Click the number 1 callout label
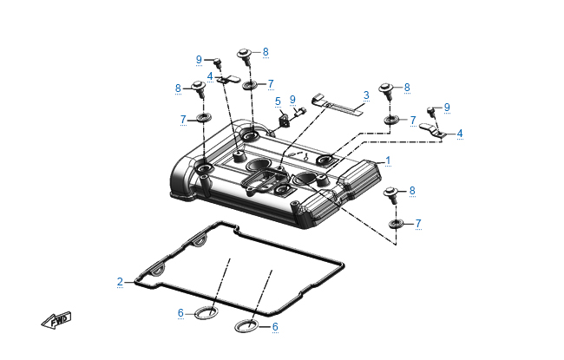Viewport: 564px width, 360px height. (388, 160)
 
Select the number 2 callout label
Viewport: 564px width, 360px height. (120, 281)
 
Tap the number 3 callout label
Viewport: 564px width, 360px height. (366, 95)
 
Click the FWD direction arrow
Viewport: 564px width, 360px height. (56, 321)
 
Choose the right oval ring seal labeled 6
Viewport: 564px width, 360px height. (247, 327)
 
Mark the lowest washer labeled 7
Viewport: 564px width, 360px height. (395, 225)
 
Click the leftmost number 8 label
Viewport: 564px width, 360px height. (178, 88)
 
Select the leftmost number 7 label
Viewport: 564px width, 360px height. (182, 119)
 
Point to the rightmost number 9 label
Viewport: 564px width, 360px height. (447, 107)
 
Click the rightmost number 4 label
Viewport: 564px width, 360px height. (460, 134)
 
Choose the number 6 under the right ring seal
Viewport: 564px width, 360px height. (275, 327)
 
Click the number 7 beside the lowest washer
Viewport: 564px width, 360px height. (418, 224)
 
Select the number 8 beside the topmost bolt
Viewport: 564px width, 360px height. (266, 52)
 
